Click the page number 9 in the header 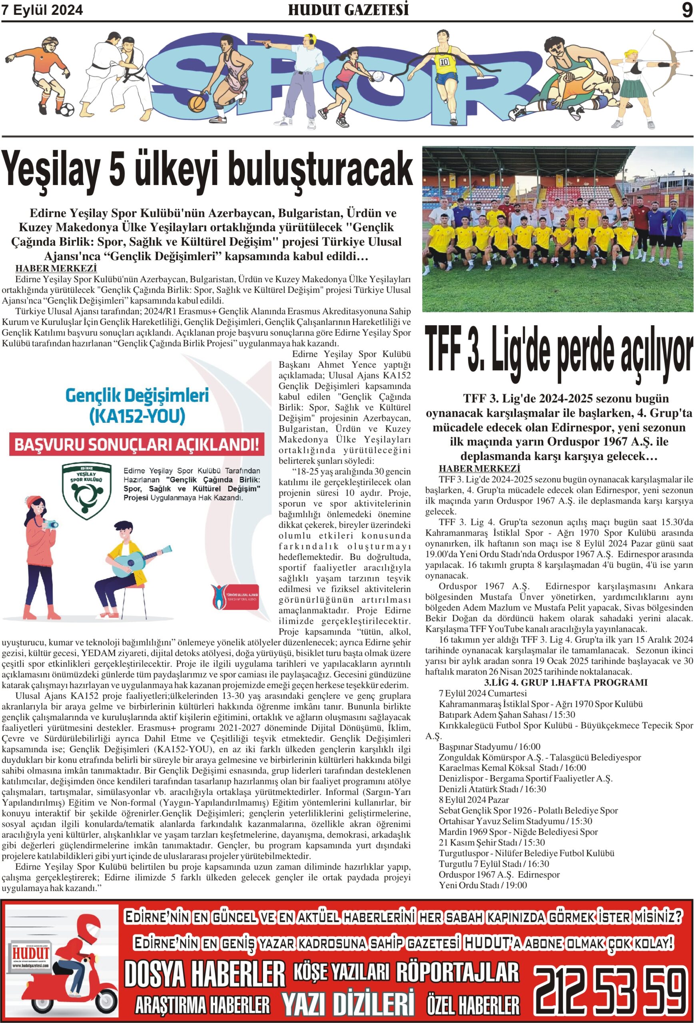pos(687,10)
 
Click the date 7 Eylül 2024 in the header pos(42,10)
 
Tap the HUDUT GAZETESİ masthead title pos(348,10)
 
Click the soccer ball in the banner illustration pos(66,109)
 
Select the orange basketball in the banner pos(197,104)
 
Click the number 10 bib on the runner pos(443,61)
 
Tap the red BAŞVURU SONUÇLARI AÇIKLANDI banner pos(137,445)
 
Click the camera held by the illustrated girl pos(51,524)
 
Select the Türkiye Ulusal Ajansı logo pos(234,597)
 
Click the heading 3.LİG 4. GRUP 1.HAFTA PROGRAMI pos(565,683)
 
